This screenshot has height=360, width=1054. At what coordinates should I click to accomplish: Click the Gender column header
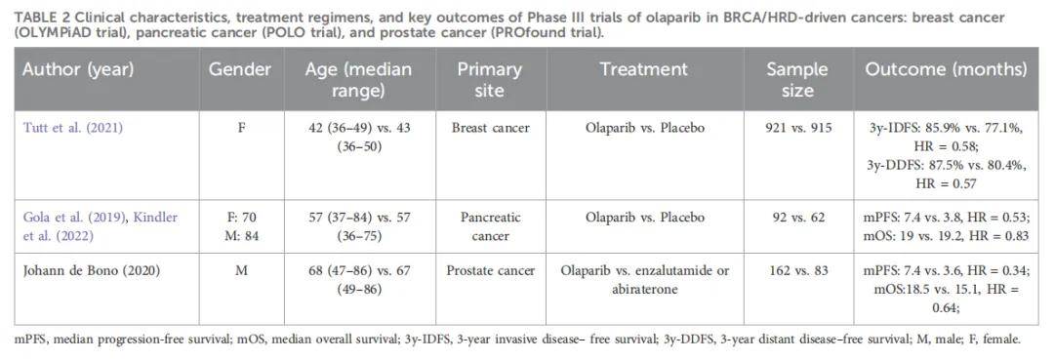click(x=240, y=69)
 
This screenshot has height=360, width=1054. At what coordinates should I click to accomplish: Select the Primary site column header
click(x=490, y=79)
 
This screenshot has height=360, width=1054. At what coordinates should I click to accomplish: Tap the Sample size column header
click(x=797, y=79)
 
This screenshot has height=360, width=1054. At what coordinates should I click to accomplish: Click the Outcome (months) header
click(x=946, y=69)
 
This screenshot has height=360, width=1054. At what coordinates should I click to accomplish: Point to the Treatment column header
click(x=644, y=69)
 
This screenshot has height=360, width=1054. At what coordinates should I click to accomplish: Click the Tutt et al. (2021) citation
click(x=73, y=128)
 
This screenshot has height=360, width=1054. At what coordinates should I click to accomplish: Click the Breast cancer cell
click(x=491, y=128)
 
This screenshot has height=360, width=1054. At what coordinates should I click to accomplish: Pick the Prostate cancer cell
click(x=491, y=271)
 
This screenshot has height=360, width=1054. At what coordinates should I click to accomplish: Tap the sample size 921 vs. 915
click(x=798, y=128)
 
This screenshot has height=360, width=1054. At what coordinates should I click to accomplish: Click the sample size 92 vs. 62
click(x=798, y=218)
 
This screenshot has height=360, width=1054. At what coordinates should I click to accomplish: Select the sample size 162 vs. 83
click(x=798, y=271)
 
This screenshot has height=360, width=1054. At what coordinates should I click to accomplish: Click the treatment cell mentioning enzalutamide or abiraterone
click(x=645, y=280)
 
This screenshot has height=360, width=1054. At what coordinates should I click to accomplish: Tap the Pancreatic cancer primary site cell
click(x=491, y=226)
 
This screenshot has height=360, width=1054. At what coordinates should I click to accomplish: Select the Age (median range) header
click(x=359, y=79)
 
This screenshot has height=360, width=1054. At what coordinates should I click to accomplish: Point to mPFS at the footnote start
click(x=30, y=340)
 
